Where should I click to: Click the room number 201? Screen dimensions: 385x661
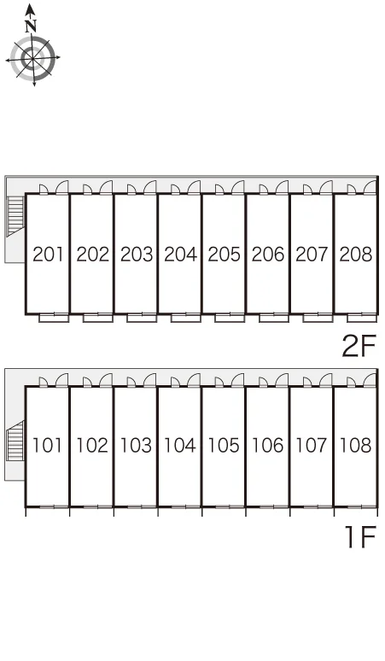pos(48,254)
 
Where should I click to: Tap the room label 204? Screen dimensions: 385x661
pos(180,254)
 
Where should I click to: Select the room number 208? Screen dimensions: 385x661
pos(356,254)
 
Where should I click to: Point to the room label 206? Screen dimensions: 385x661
pos(268,254)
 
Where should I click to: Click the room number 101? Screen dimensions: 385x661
pos(47,445)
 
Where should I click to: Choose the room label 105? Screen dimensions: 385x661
pos(224,445)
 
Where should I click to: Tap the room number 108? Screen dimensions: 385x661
pos(355,445)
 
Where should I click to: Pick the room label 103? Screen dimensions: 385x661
pos(136,445)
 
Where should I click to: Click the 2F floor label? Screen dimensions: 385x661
pos(359,347)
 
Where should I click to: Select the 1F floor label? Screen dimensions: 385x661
pos(360,537)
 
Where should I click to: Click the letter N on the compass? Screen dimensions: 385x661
pos(31,26)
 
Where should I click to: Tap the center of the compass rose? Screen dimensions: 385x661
pos(32,58)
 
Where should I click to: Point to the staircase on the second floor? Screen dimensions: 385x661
pos(15,215)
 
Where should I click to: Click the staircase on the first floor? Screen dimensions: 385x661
pos(15,441)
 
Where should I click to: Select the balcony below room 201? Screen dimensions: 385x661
pos(54,319)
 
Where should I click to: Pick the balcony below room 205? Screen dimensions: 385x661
pos(230,319)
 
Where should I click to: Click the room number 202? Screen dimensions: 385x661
pos(92,254)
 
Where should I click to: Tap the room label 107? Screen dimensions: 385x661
pos(312,445)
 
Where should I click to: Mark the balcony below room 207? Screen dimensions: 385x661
pos(318,319)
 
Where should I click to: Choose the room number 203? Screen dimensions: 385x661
pos(137,254)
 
